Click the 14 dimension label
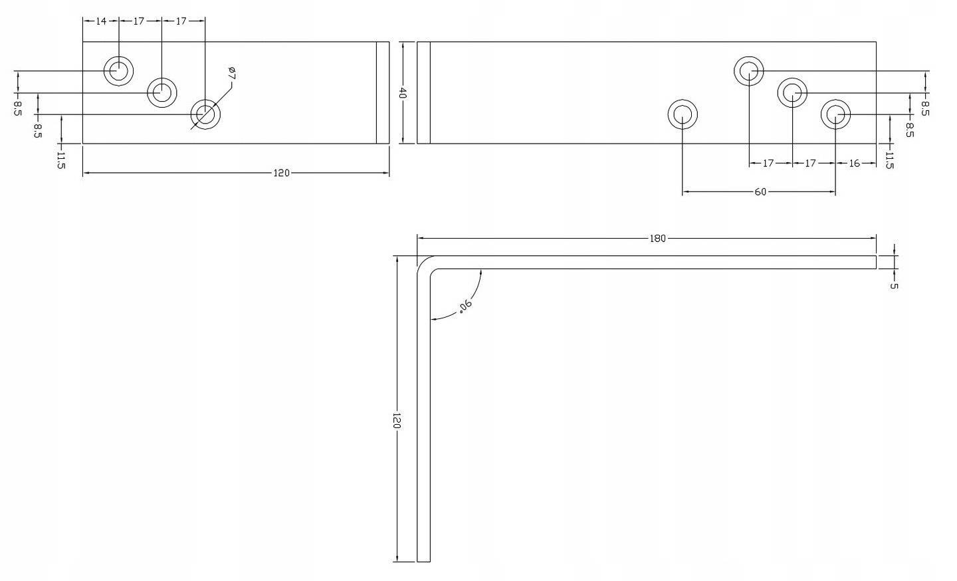coord(101,21)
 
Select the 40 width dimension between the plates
coord(403,93)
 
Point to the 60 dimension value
coord(760,192)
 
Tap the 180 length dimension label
coord(657,239)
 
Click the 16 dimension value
coord(853,163)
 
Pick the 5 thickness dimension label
coord(894,286)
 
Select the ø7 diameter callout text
coord(232,73)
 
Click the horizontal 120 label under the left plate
coord(281,173)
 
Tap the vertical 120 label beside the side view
coord(396,421)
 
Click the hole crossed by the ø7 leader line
coord(205,114)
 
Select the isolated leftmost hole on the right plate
coord(683,114)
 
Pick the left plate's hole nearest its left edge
coord(119,70)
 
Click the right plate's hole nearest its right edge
coord(835,114)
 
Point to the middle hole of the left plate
coord(162,92)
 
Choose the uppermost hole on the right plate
coord(749,71)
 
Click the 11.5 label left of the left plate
coord(61,160)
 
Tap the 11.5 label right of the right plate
coord(889,160)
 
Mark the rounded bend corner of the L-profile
coord(422,261)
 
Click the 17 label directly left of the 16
coord(811,163)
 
